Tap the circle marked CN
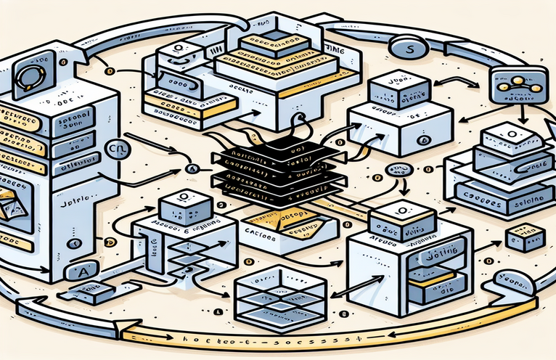(x=115, y=149)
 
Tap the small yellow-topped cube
(x=525, y=237)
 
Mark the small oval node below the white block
(x=398, y=171)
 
